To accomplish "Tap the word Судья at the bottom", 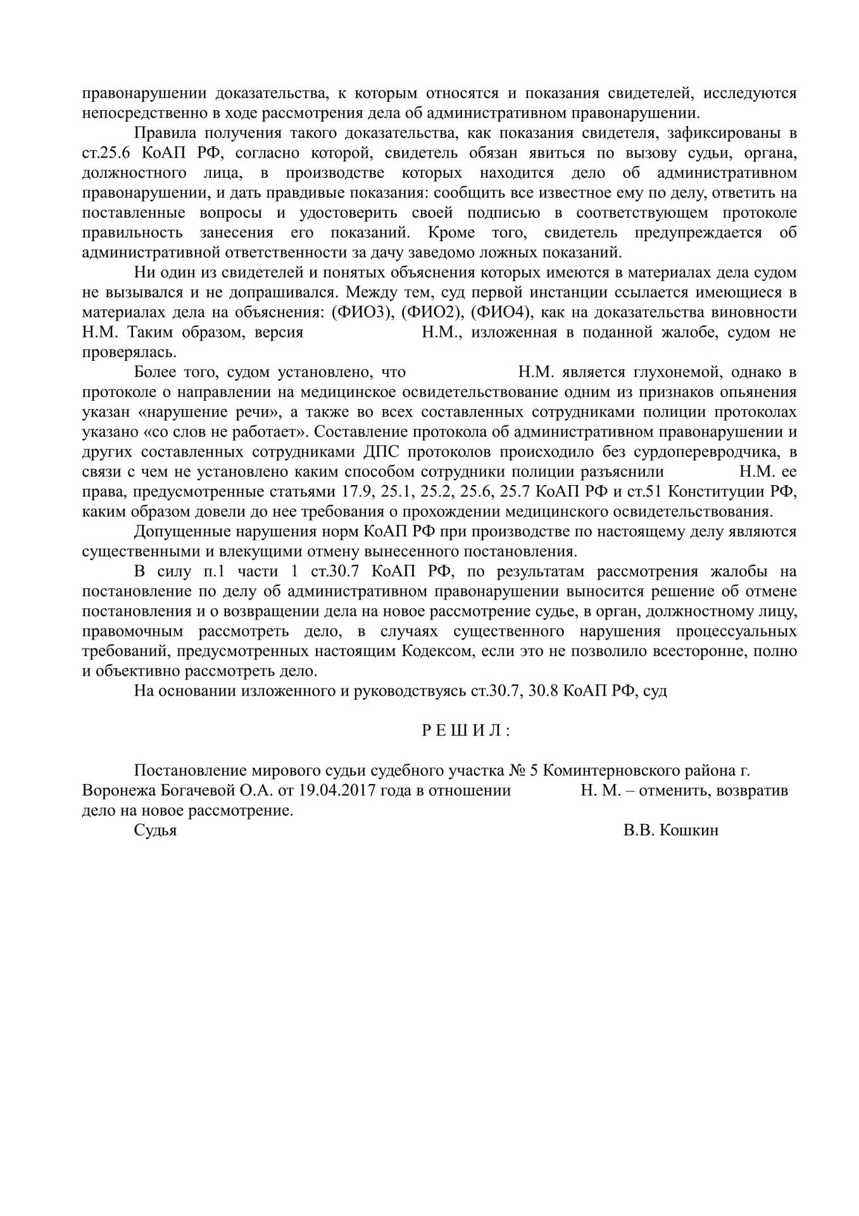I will (x=155, y=830).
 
